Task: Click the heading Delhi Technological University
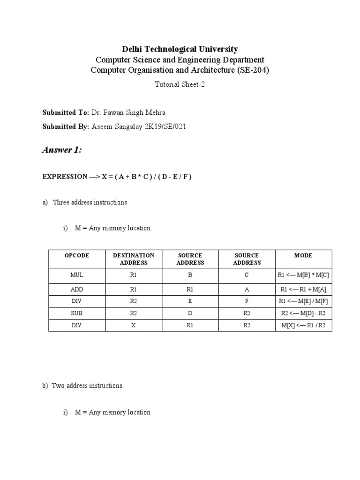(180, 49)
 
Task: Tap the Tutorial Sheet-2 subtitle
(180, 84)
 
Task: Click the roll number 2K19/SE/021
(166, 127)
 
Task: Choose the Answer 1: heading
(62, 150)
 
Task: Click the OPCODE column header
(77, 255)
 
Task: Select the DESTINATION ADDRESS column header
(134, 259)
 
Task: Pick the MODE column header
(303, 255)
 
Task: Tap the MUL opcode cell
(77, 276)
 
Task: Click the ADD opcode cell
(77, 289)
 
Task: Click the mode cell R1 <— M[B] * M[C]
(303, 276)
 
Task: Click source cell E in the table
(190, 301)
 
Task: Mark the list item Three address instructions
(90, 202)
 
